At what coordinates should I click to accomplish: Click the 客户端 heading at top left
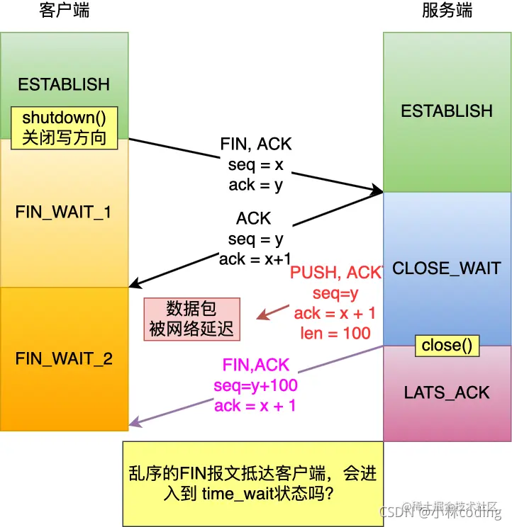(x=65, y=11)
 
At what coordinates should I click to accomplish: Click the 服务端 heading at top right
(x=447, y=11)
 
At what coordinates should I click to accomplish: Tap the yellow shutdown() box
(x=64, y=127)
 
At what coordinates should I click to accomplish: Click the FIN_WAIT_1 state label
(x=64, y=212)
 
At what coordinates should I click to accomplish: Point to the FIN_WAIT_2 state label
(x=64, y=358)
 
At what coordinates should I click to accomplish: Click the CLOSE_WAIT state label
(x=447, y=268)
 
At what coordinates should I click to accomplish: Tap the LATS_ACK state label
(x=447, y=392)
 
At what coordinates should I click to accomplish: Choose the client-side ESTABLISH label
(x=64, y=84)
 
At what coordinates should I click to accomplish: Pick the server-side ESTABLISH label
(x=447, y=111)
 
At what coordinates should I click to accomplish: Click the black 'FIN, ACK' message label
(x=256, y=144)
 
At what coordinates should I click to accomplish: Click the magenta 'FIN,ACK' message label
(x=256, y=365)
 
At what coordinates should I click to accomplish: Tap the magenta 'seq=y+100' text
(x=256, y=386)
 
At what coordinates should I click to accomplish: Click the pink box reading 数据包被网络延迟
(x=192, y=319)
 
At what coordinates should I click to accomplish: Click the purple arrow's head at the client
(x=132, y=425)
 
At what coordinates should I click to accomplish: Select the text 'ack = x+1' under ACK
(x=255, y=259)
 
